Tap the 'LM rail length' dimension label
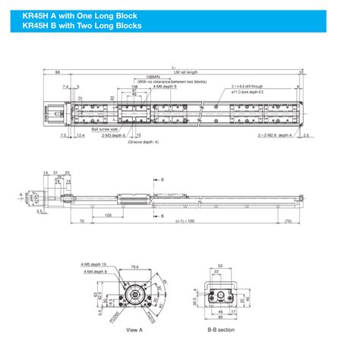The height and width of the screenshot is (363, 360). [182, 73]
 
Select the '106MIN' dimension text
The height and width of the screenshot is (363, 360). [153, 77]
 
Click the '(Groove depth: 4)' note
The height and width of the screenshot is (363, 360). [143, 142]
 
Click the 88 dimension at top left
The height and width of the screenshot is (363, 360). [58, 72]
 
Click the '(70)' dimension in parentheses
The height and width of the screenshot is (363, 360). [287, 222]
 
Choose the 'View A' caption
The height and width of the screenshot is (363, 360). [134, 330]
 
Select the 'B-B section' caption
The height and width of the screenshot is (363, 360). [221, 330]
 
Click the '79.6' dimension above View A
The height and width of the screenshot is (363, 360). [134, 267]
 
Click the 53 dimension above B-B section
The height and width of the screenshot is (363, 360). [219, 267]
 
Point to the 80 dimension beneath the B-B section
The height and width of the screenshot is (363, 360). [220, 318]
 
